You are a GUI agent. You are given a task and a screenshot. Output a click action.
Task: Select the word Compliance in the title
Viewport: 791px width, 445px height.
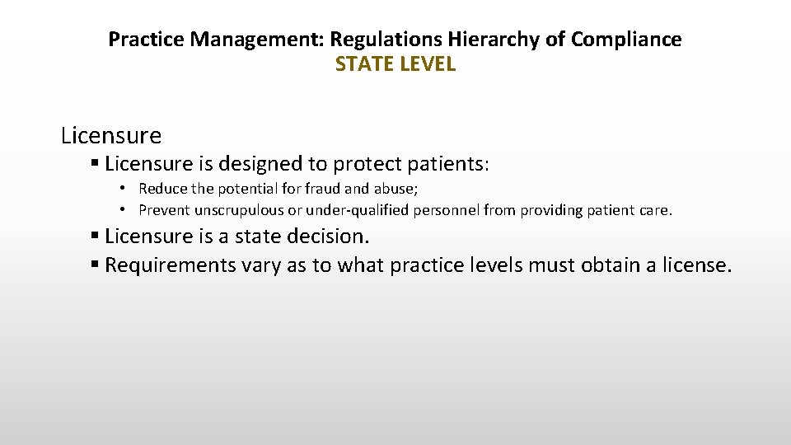pos(632,39)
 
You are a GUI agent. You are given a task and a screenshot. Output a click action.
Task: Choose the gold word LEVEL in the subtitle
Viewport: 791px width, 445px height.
pos(426,64)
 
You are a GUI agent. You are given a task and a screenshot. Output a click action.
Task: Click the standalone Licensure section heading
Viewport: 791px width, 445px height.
pos(111,134)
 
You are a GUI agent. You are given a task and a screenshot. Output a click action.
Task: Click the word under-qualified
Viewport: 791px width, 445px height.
pos(341,210)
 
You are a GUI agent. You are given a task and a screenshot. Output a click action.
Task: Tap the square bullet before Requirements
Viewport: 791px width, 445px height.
pos(96,265)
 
